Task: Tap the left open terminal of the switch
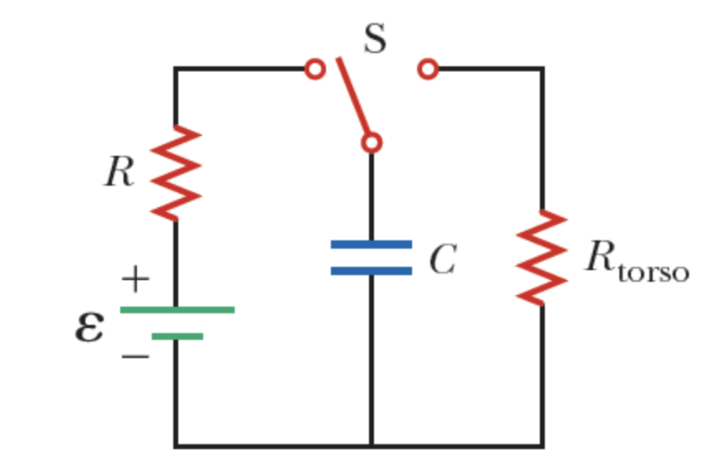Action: point(314,69)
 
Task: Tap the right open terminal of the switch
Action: point(428,69)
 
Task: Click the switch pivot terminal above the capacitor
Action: point(371,143)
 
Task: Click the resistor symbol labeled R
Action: point(175,174)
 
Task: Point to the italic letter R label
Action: point(119,173)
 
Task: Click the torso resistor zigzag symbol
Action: point(542,256)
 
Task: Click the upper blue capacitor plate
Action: point(371,244)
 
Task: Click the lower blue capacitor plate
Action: point(371,270)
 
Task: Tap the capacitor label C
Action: point(442,260)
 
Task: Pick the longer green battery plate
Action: point(177,310)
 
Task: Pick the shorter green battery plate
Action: point(177,336)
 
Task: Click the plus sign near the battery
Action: point(134,280)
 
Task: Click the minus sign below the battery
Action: point(135,357)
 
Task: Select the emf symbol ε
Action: point(90,327)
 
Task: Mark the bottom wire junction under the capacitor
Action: point(371,445)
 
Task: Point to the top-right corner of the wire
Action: point(542,69)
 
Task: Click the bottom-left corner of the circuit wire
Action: point(176,445)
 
